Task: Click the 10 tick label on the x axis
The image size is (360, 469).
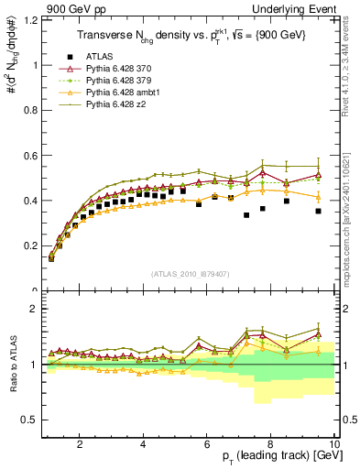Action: coord(333,443)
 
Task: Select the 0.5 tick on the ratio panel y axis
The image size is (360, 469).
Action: coord(32,420)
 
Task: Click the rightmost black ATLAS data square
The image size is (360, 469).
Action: coord(318,212)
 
